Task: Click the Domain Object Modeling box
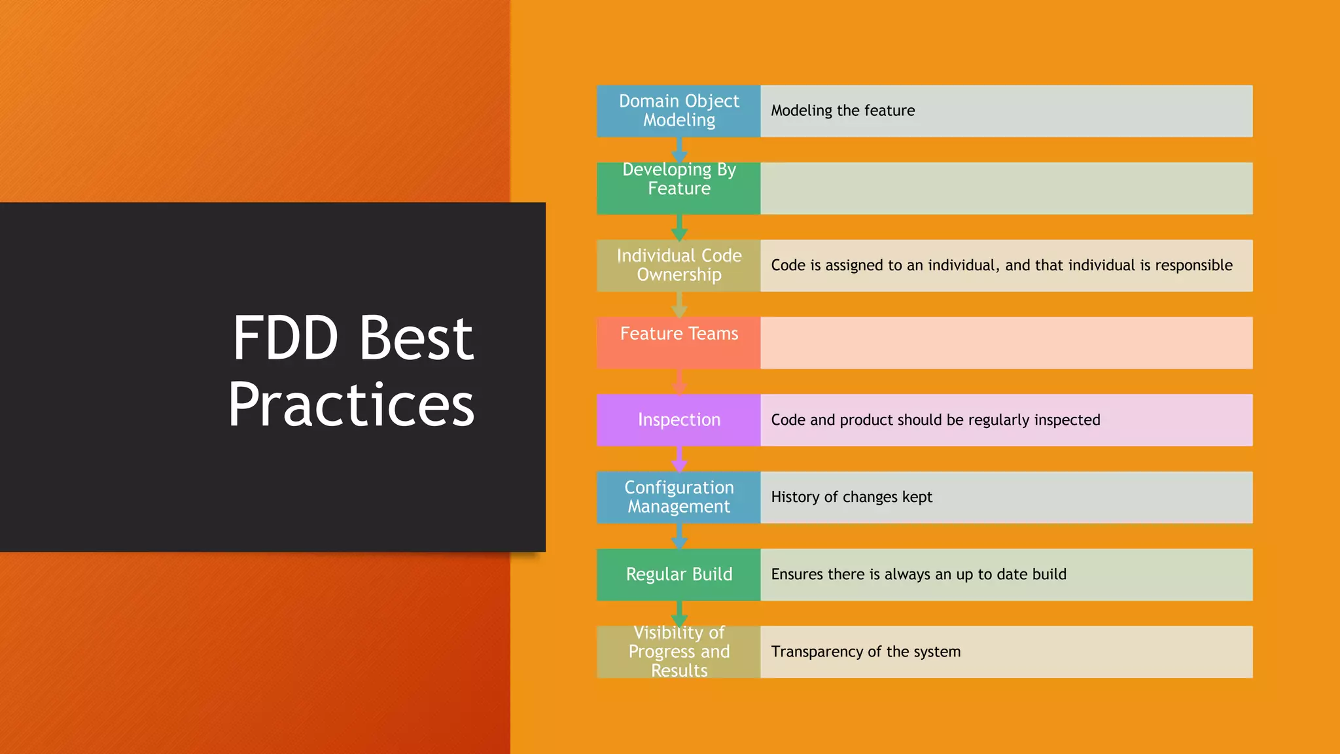click(679, 111)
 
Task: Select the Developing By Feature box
click(679, 188)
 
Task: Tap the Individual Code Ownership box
click(679, 265)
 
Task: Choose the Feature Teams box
click(679, 342)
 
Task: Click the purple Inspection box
click(679, 420)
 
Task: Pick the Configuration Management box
click(679, 497)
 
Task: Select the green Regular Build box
click(679, 574)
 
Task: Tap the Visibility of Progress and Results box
click(679, 652)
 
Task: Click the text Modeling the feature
click(843, 111)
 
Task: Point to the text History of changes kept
click(851, 497)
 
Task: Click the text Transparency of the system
click(866, 652)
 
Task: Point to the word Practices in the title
click(351, 404)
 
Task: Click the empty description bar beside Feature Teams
click(1006, 342)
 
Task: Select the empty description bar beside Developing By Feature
click(1006, 188)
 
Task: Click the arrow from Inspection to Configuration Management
click(679, 459)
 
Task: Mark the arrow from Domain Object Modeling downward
click(679, 150)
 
